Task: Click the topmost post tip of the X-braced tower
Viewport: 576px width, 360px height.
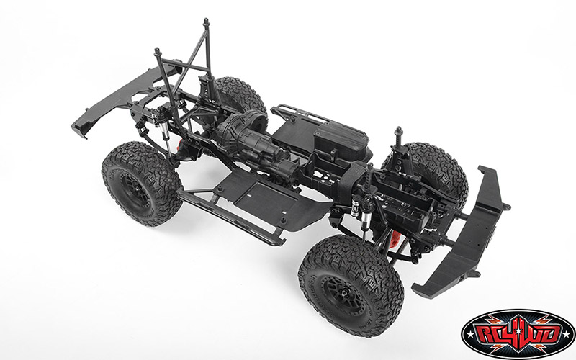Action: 206,22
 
